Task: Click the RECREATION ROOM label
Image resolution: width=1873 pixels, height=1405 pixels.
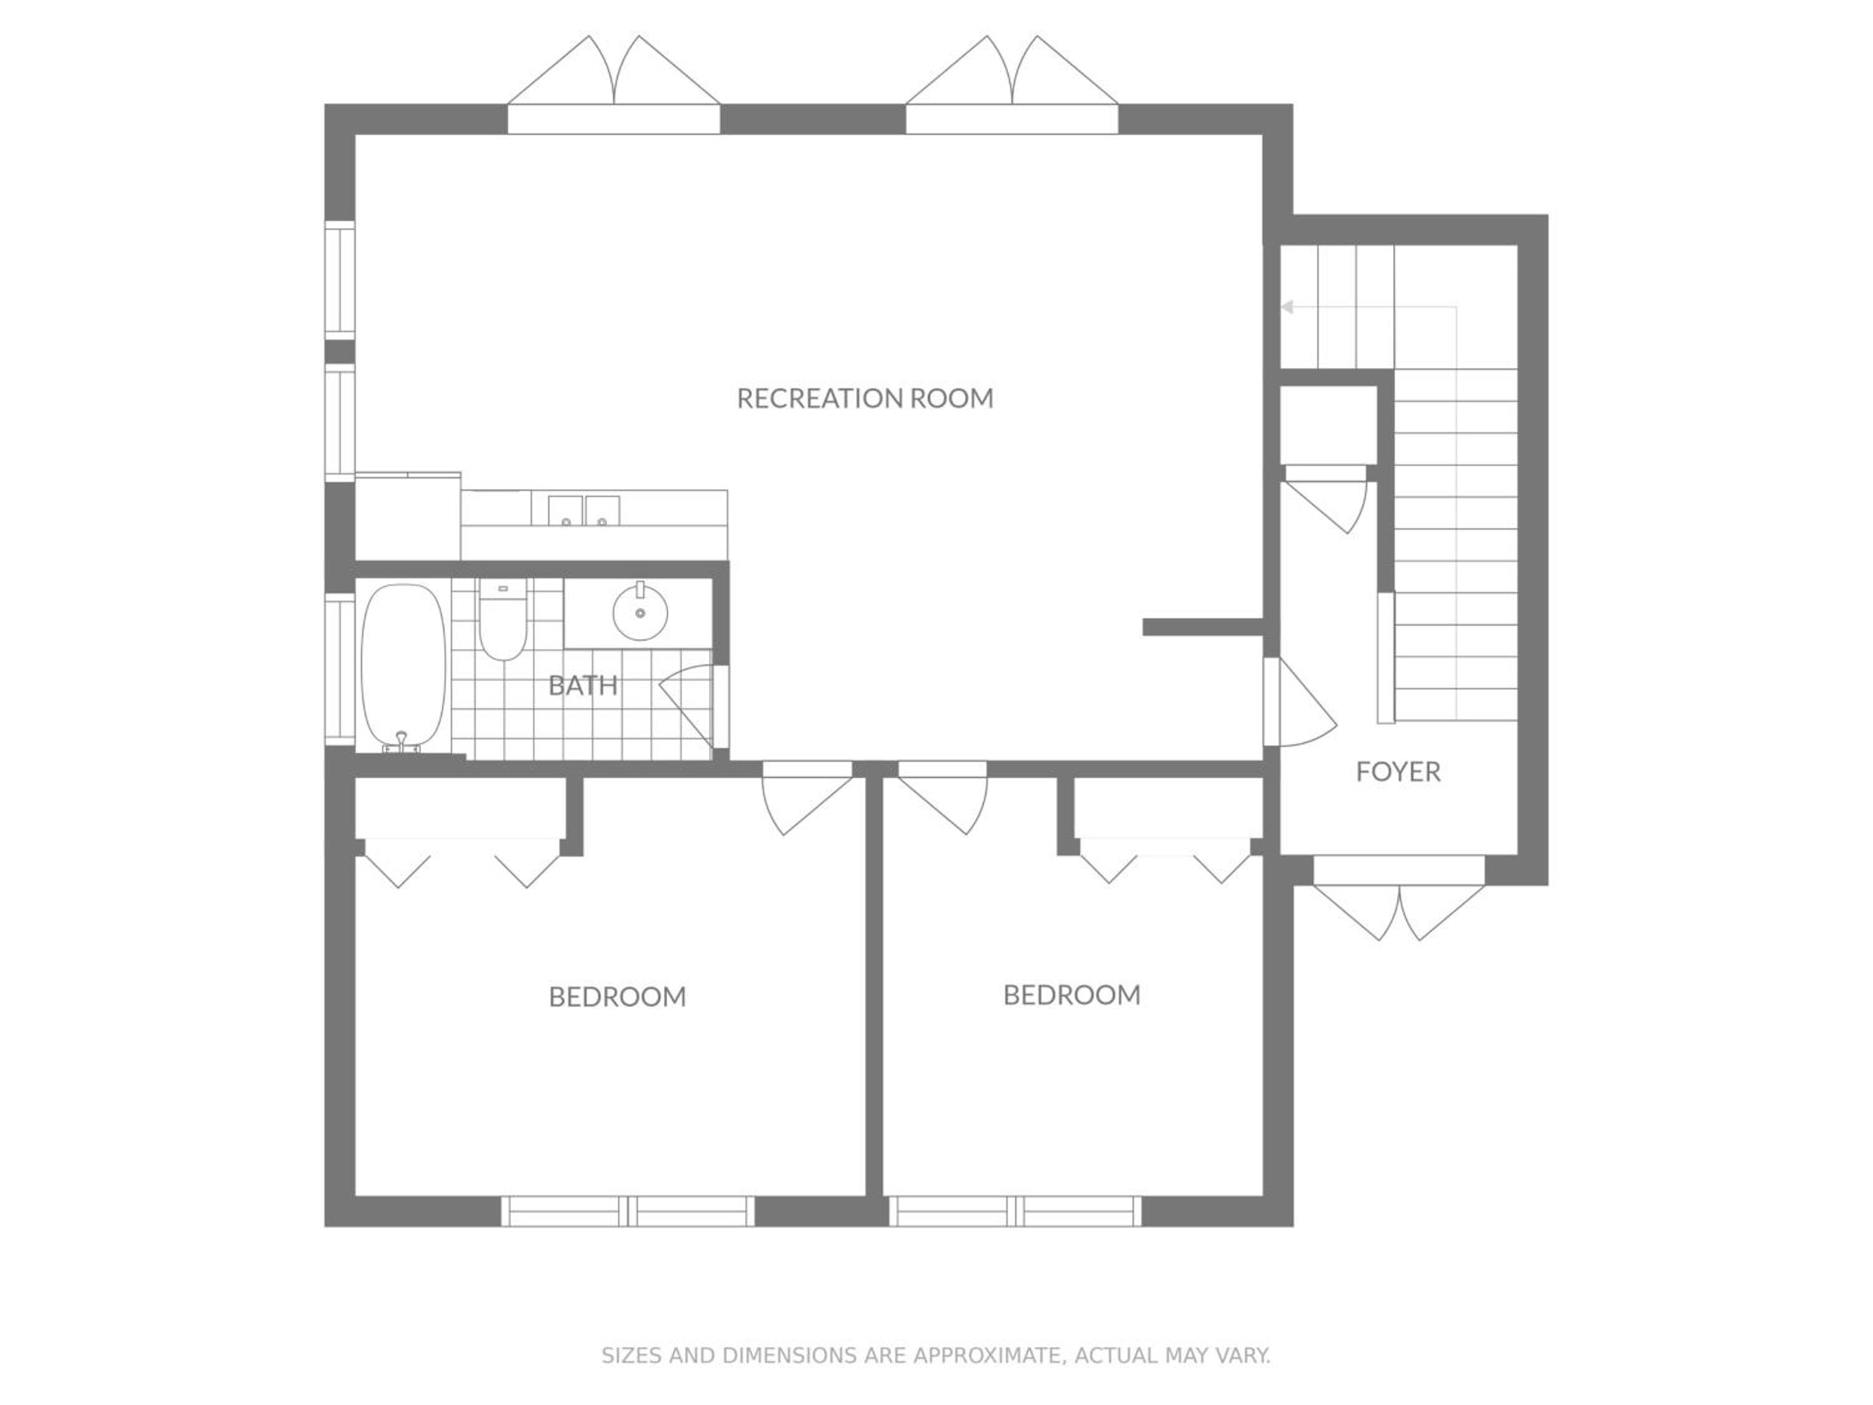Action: click(x=865, y=398)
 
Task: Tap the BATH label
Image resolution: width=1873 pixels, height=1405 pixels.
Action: click(x=583, y=685)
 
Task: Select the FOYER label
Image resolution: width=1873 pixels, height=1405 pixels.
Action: click(x=1398, y=772)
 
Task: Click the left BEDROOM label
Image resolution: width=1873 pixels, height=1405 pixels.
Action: click(x=617, y=997)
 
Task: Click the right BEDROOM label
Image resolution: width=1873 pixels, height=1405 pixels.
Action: click(x=1072, y=995)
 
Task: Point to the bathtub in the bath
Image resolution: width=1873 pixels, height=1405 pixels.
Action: click(x=403, y=666)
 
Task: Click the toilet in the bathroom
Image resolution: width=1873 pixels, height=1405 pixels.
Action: click(x=503, y=619)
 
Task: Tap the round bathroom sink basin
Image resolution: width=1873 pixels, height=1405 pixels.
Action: click(x=640, y=611)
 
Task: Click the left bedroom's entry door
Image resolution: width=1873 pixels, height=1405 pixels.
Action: click(x=806, y=797)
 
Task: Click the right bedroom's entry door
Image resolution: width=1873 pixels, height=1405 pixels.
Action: click(x=942, y=797)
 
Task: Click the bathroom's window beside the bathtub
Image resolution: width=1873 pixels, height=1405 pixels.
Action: click(x=340, y=669)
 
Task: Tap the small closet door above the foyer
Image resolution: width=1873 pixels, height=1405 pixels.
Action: click(x=1325, y=499)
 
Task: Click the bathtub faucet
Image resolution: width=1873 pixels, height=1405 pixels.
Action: click(x=401, y=744)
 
